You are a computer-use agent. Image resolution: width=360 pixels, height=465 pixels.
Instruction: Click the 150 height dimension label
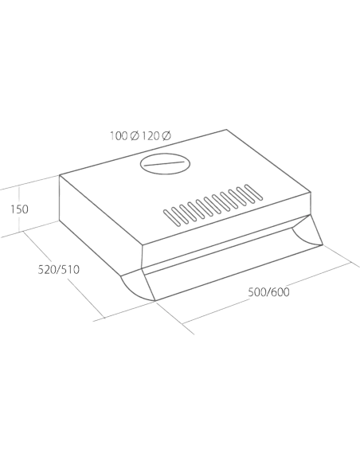20,209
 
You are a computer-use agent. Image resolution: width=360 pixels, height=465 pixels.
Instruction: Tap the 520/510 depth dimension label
59,270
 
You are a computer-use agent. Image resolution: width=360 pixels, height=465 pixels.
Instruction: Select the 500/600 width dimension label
268,292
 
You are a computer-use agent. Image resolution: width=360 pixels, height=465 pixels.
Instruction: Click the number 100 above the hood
119,136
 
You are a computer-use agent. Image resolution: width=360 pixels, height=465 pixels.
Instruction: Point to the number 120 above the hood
151,136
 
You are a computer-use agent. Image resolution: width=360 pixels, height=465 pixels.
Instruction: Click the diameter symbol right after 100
135,136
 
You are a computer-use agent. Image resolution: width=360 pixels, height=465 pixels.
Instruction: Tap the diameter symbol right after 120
166,136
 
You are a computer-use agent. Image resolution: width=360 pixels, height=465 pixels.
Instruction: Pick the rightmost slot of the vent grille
254,192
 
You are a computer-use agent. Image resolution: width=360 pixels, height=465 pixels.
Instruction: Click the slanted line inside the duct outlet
165,164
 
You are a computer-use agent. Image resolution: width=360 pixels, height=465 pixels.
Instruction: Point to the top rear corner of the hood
226,130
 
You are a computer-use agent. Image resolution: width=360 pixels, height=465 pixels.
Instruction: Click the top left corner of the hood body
60,175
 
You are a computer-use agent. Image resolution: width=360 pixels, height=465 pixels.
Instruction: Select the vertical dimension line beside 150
19,209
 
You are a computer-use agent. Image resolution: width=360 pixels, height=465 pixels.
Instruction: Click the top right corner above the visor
311,193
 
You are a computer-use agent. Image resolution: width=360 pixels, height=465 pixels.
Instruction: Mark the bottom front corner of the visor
155,301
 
